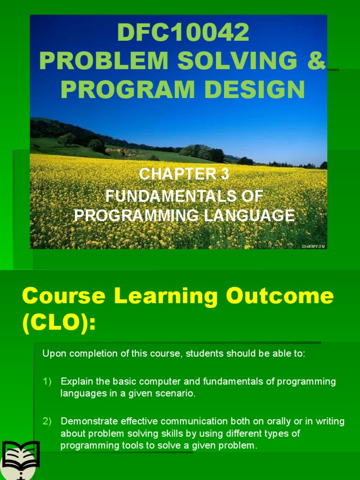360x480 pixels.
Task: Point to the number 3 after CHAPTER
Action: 225,174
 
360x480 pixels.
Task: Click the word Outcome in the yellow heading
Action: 291,296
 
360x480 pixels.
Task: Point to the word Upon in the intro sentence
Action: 52,353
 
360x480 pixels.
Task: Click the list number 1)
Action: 47,382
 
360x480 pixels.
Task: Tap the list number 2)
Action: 47,421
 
